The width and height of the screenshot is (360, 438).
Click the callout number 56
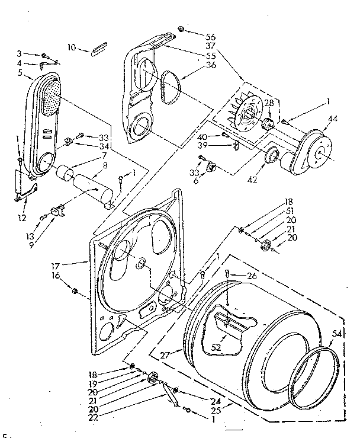[x=210, y=36]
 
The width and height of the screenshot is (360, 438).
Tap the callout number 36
[x=210, y=66]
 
